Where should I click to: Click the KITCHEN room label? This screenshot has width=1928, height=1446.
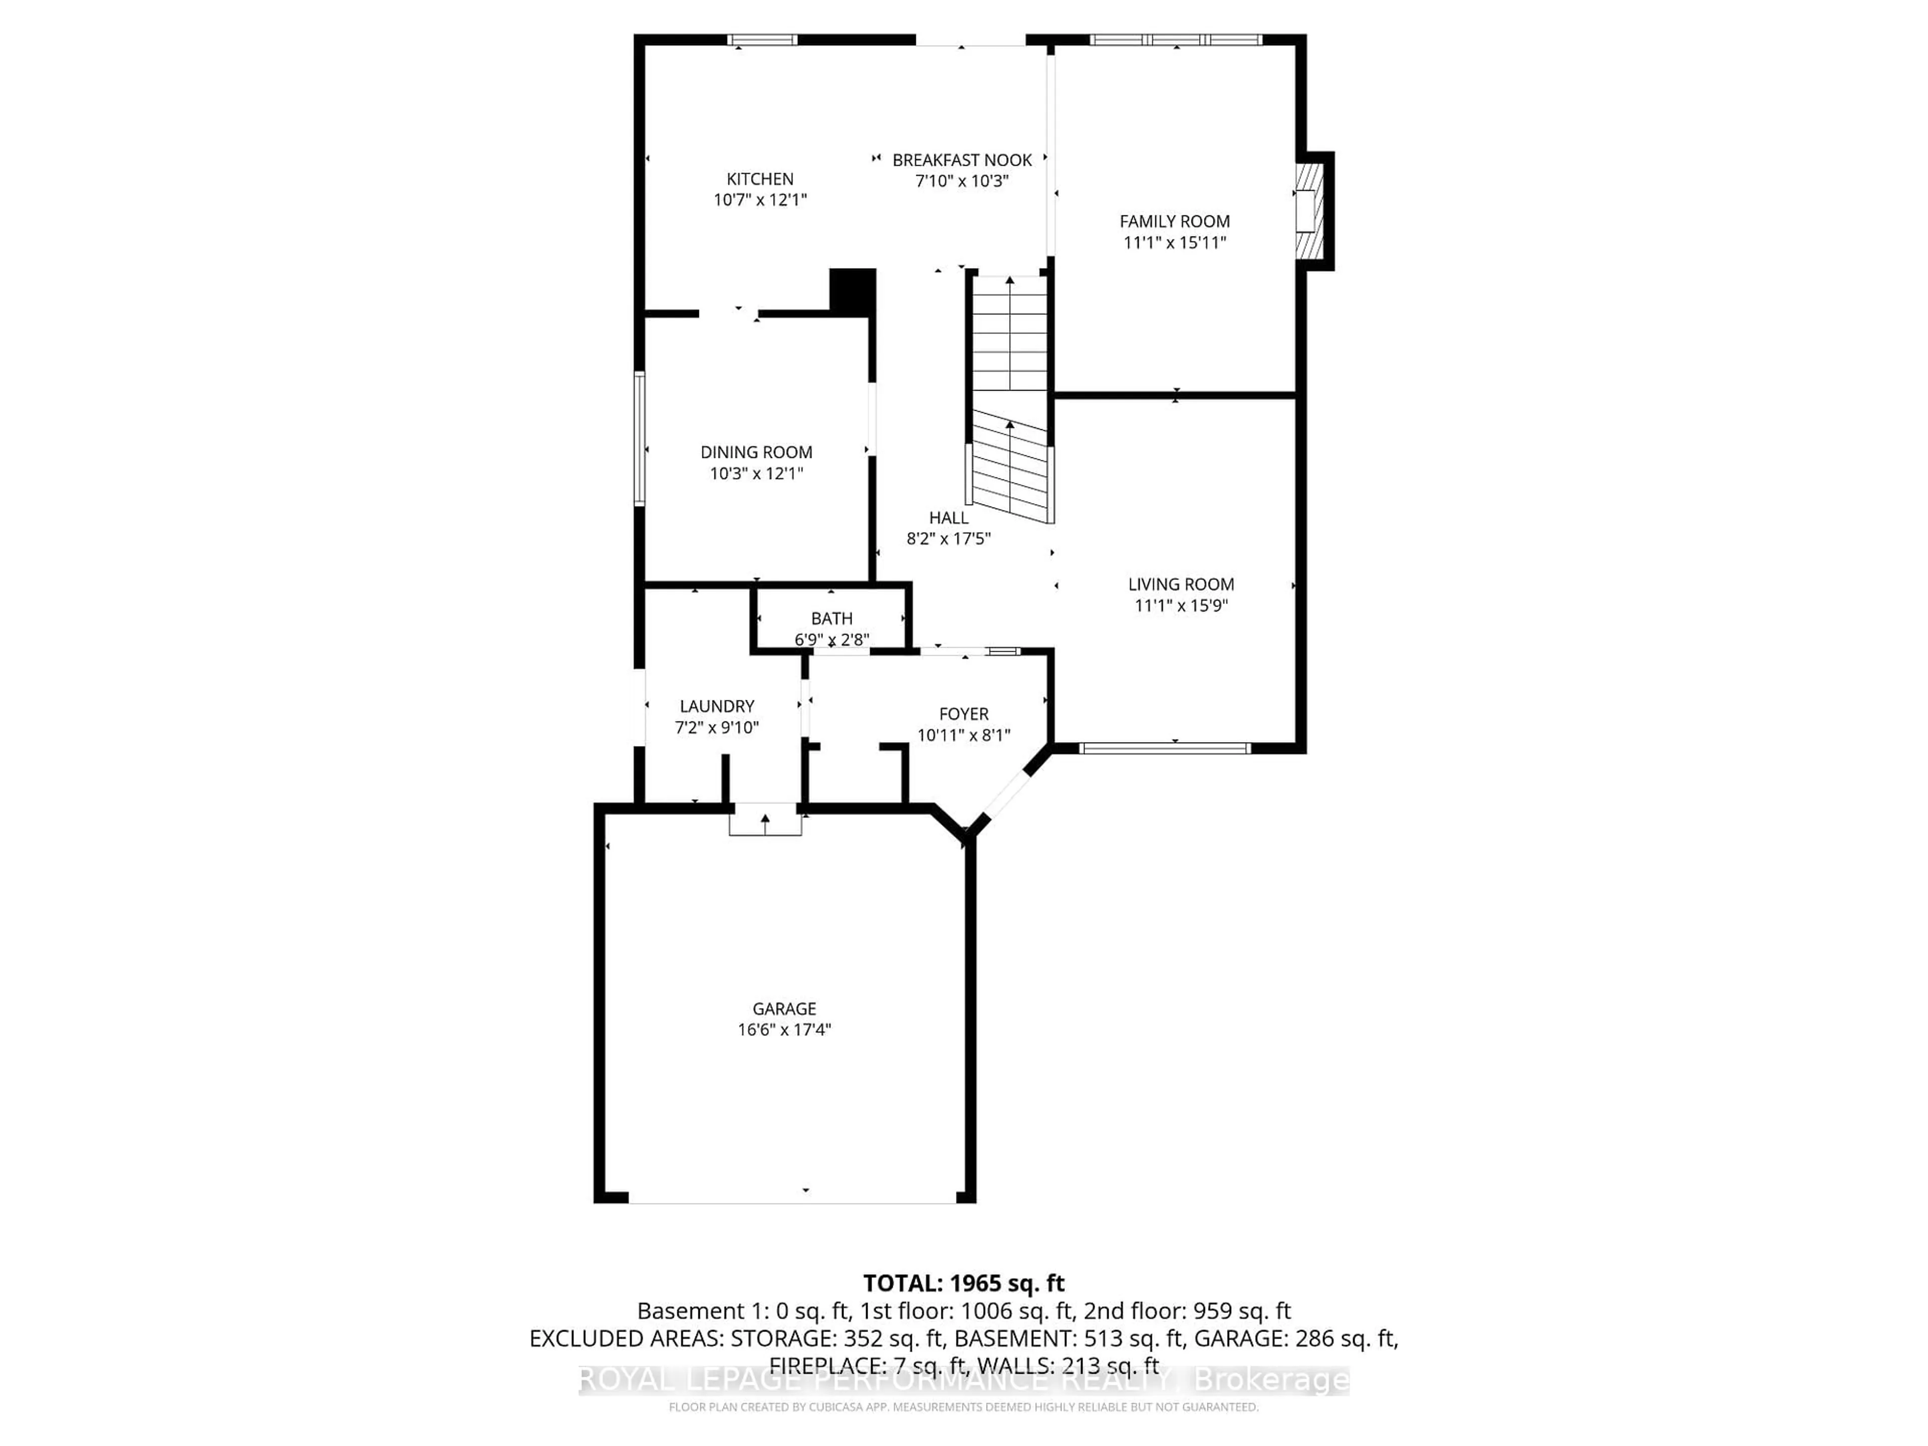[760, 179]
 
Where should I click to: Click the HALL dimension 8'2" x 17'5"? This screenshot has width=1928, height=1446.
[948, 539]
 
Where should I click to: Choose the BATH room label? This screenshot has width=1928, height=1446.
[831, 618]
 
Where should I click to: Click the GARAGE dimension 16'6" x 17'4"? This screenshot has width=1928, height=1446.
[784, 1029]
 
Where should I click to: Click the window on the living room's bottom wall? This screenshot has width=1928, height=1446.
[1164, 748]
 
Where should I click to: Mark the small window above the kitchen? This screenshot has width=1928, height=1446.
[763, 39]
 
